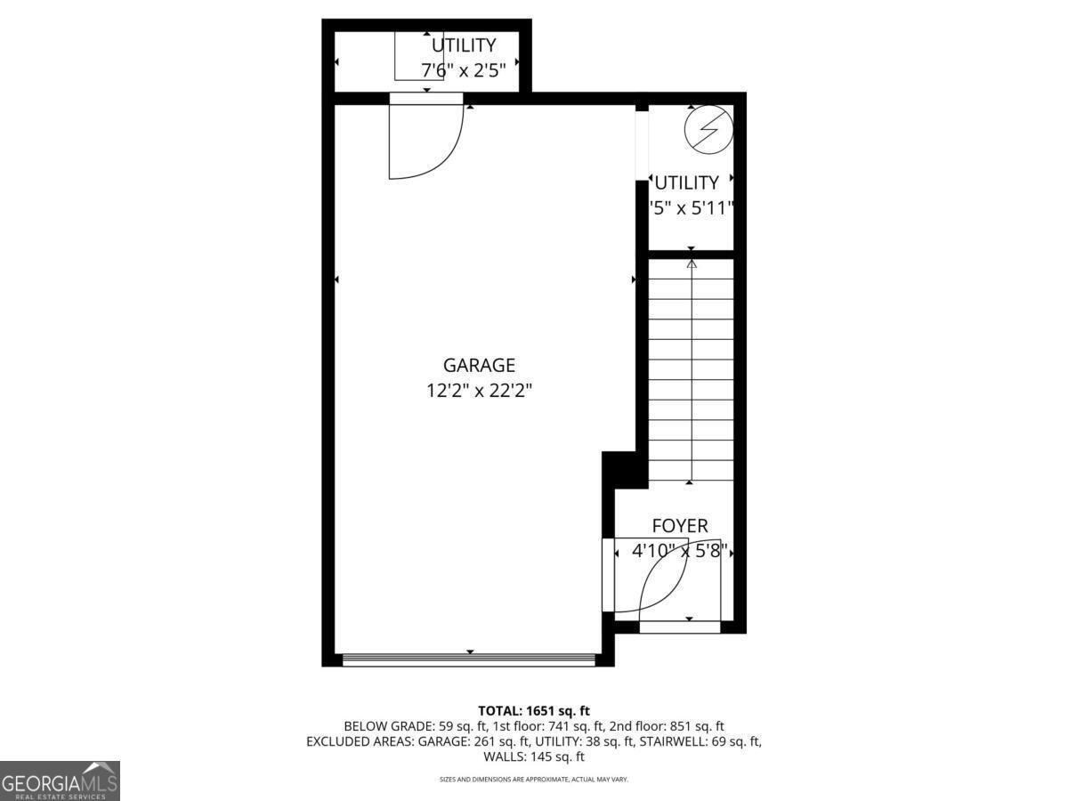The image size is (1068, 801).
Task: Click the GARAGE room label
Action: [479, 365]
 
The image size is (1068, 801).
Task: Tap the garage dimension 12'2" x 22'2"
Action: [479, 390]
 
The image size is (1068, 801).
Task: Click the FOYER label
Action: [680, 526]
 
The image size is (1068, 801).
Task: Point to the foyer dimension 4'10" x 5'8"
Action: [680, 551]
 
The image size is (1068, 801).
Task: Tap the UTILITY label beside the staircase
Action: [686, 182]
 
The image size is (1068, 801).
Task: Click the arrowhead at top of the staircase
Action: [692, 263]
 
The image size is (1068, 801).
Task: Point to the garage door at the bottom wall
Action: [469, 659]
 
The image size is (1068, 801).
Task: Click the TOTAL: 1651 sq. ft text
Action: [534, 710]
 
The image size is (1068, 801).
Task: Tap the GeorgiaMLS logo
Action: [60, 781]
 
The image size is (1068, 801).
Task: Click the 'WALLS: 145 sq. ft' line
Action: [534, 757]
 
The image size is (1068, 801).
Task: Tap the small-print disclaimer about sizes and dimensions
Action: [534, 780]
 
